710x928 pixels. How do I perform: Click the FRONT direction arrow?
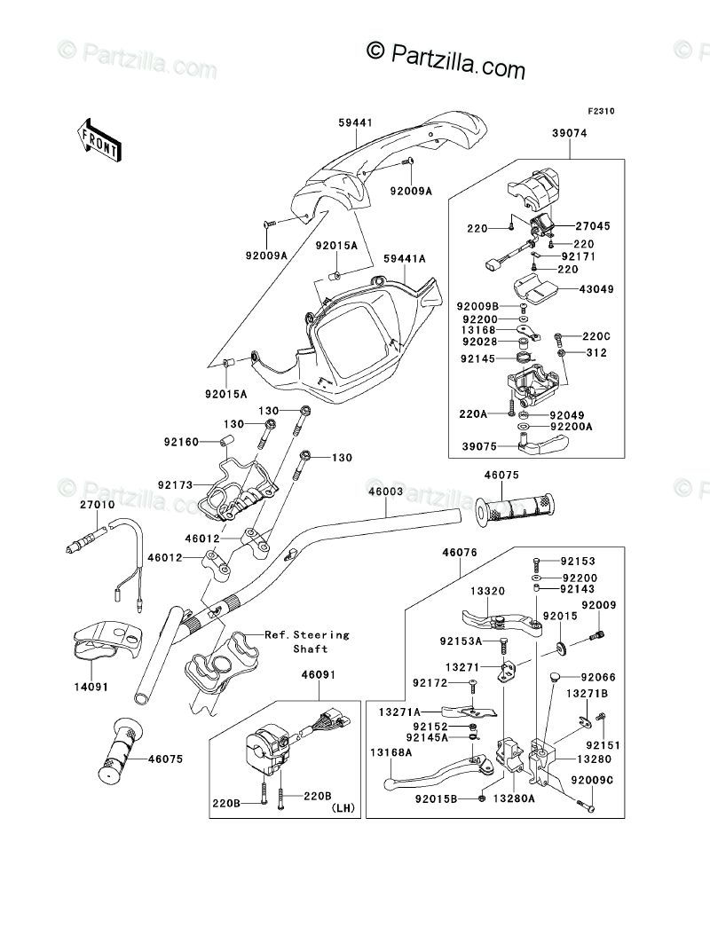click(x=99, y=139)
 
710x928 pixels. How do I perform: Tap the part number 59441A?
click(x=405, y=259)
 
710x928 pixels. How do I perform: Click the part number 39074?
click(x=570, y=133)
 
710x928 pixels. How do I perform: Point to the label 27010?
click(x=98, y=505)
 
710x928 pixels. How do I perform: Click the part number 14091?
click(x=91, y=687)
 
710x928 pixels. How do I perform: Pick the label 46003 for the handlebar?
click(x=385, y=492)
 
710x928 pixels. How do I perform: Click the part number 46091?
click(x=318, y=674)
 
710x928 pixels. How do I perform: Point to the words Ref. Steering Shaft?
click(x=307, y=641)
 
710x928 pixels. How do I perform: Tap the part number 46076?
click(x=460, y=552)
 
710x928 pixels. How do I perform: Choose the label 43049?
click(x=596, y=289)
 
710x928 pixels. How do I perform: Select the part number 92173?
click(x=176, y=484)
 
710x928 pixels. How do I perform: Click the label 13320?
click(x=487, y=591)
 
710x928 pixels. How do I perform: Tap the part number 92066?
click(x=598, y=677)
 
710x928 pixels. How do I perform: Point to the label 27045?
click(x=593, y=226)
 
